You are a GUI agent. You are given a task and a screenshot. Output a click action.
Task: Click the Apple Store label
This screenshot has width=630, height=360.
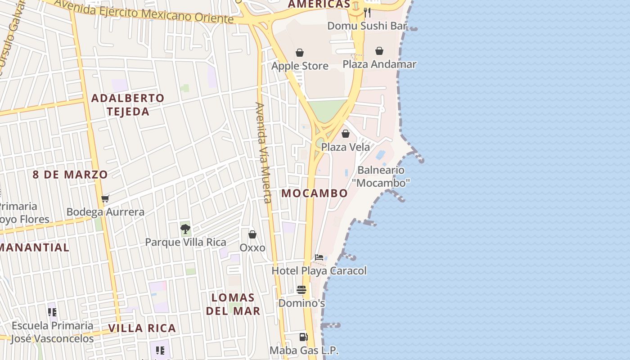tap(300, 66)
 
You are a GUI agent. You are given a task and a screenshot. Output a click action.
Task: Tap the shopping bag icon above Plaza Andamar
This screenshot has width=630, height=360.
tap(379, 51)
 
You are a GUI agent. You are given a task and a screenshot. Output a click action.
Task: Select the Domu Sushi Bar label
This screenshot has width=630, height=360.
tap(367, 26)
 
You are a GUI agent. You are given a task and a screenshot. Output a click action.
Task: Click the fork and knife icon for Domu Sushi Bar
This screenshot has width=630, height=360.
tap(367, 12)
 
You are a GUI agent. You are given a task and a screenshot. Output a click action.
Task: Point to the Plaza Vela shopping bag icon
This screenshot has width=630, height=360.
tap(346, 134)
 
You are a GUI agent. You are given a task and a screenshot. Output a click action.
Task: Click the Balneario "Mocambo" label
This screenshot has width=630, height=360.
tap(381, 176)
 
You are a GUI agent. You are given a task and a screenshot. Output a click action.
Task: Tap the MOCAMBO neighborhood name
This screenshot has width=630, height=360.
tap(315, 193)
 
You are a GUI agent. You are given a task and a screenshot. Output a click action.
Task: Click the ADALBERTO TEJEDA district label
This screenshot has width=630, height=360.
tap(128, 104)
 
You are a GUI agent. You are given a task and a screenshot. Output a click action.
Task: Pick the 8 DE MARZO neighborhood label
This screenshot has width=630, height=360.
tap(70, 174)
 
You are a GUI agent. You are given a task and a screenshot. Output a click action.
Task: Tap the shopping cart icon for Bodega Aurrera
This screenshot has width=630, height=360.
tap(105, 198)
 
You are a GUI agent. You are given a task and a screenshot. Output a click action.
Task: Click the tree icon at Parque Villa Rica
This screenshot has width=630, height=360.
tap(185, 229)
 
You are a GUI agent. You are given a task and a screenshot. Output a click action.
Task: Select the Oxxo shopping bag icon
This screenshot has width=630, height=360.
tap(252, 234)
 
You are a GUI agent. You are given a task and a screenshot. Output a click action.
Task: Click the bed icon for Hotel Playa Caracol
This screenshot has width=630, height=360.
tap(319, 257)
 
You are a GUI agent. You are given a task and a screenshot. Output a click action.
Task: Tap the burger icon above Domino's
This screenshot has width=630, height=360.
tap(301, 290)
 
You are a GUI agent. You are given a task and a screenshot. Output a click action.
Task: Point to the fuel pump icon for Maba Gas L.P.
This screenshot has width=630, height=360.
tap(304, 337)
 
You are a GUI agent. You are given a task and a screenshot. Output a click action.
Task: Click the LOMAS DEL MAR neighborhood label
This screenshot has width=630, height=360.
tap(233, 304)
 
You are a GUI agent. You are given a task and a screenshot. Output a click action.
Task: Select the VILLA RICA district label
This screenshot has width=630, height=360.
tap(142, 328)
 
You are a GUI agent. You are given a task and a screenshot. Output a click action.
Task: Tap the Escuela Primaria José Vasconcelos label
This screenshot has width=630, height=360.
tap(53, 332)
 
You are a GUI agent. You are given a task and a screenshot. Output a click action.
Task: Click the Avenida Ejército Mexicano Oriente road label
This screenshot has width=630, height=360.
tap(144, 12)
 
